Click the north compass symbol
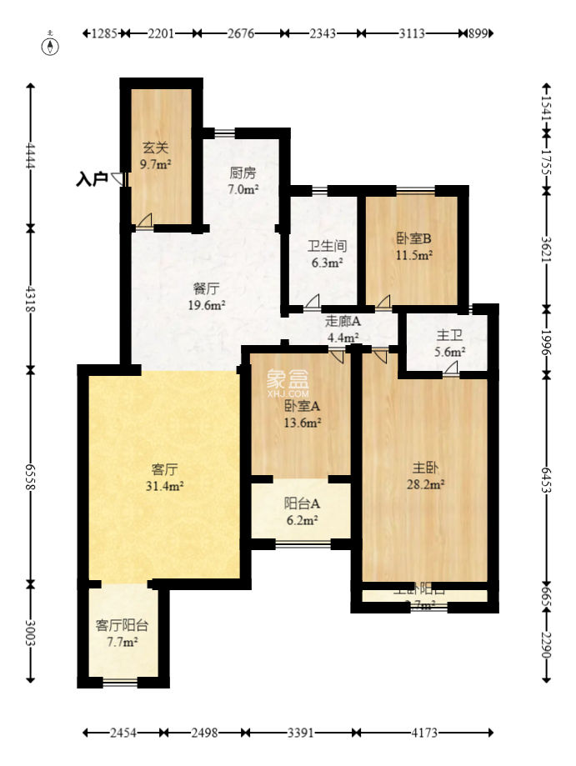(x=52, y=45)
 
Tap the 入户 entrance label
(x=92, y=178)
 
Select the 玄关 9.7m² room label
(x=156, y=156)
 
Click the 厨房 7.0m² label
(x=243, y=181)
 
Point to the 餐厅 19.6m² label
(x=206, y=297)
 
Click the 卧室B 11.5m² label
(x=413, y=247)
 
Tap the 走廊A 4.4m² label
(x=343, y=329)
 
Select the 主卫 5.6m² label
(x=449, y=343)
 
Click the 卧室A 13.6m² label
(x=302, y=414)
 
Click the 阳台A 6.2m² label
(x=302, y=510)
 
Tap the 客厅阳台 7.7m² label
(x=122, y=633)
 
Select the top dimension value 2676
(x=241, y=33)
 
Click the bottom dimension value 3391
(x=301, y=733)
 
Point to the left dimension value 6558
(x=32, y=476)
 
